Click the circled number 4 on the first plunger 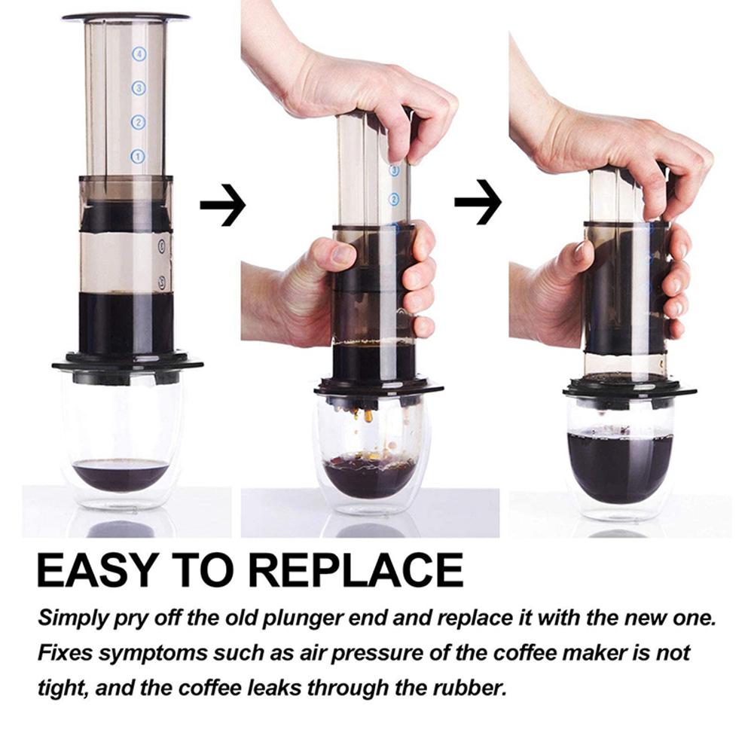138,54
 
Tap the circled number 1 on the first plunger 137,157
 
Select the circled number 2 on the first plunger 138,122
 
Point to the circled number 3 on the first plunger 138,88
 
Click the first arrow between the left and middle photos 223,203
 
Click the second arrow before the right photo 478,200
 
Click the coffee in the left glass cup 121,474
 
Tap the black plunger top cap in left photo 126,16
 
